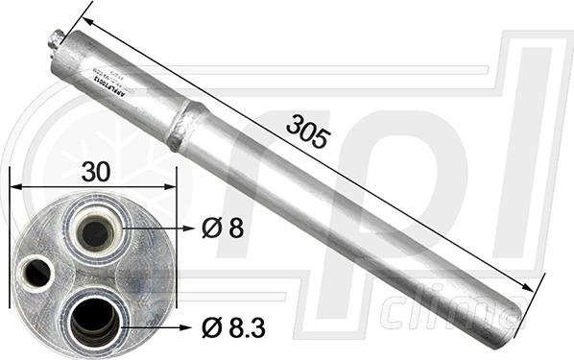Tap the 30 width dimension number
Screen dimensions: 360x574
[x=95, y=172]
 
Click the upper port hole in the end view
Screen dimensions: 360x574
[x=95, y=231]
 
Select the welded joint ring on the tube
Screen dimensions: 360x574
[x=186, y=125]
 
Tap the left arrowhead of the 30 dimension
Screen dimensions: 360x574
[x=14, y=187]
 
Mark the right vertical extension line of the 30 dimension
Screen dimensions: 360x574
[x=178, y=197]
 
